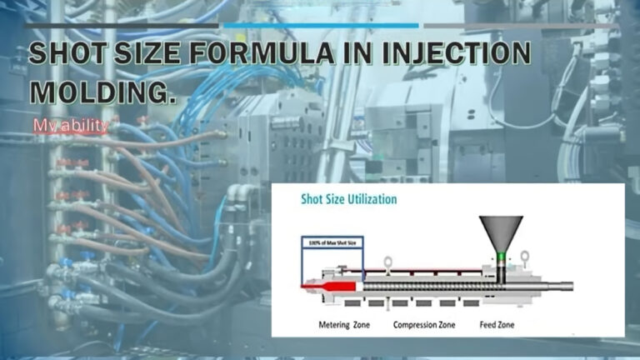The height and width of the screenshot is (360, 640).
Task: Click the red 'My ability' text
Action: pyautogui.click(x=71, y=126)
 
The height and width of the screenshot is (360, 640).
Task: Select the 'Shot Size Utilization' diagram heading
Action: pyautogui.click(x=348, y=200)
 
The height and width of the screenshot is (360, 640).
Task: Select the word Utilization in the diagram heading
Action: pyautogui.click(x=370, y=200)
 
